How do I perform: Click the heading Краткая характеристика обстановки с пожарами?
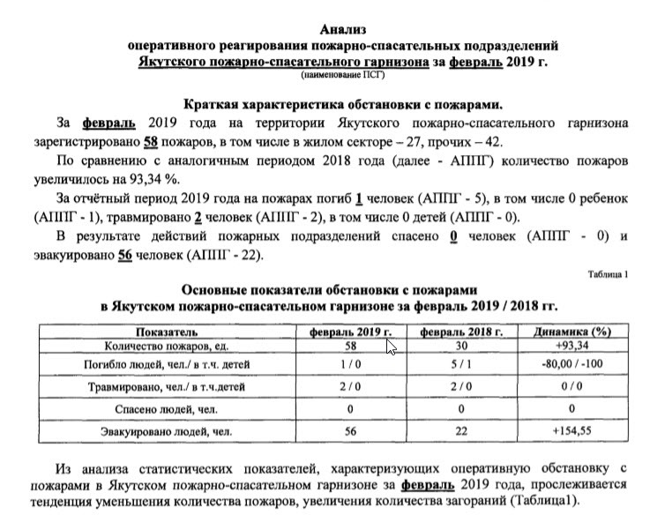342,102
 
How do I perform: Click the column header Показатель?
167,332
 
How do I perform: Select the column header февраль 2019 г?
350,332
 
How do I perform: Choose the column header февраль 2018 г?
460,332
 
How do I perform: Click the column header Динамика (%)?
572,332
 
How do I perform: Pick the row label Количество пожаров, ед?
167,346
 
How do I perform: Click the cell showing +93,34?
572,346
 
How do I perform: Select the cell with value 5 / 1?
460,364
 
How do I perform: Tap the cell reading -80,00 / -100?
572,364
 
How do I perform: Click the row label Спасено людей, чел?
167,409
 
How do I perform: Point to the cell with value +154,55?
572,432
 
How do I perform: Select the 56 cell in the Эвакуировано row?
350,432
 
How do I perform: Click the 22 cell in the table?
460,432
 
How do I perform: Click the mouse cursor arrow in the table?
391,347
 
